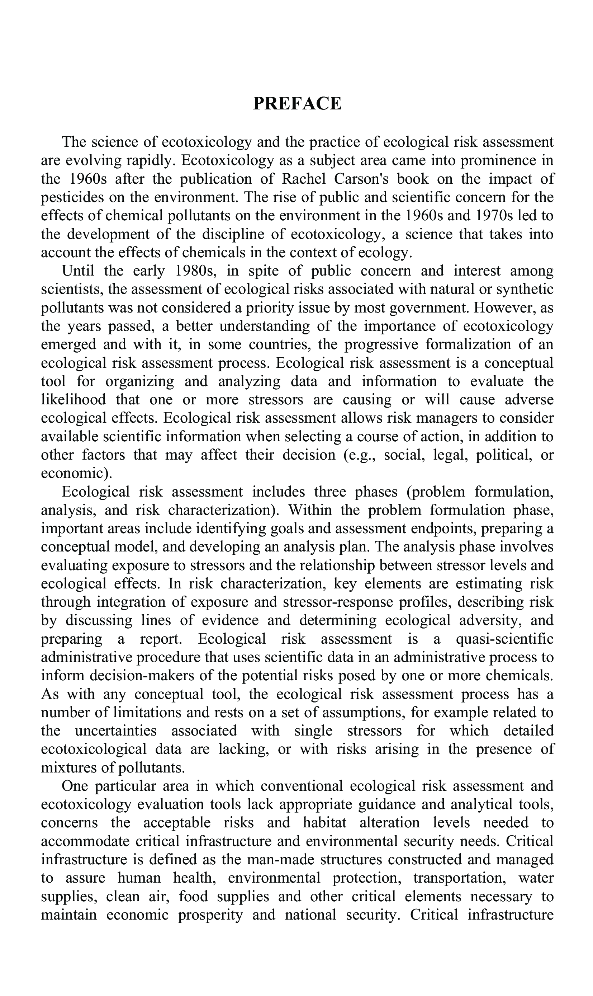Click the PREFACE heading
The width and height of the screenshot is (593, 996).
(x=297, y=104)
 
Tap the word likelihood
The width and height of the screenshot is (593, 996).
(x=73, y=400)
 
